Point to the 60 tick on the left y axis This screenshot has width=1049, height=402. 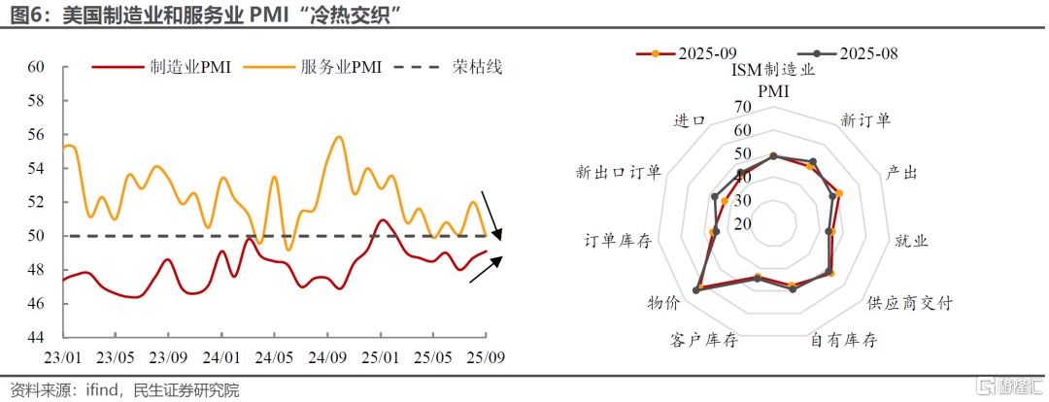(36, 67)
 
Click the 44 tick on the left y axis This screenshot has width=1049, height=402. (36, 337)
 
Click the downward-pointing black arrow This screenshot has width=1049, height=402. (492, 217)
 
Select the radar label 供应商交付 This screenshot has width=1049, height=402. (909, 303)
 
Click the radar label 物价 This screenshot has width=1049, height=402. (663, 303)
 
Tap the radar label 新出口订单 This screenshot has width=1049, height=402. (619, 173)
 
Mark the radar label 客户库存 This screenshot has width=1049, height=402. (704, 341)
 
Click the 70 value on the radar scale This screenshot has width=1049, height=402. (742, 107)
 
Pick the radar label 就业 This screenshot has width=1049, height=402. (910, 240)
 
